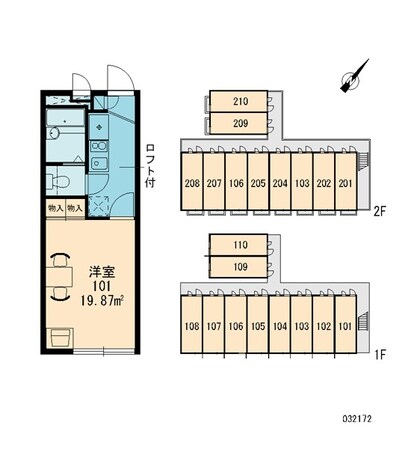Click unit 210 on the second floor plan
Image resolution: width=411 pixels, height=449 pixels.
click(238, 101)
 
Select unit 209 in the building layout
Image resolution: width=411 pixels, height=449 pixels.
click(238, 123)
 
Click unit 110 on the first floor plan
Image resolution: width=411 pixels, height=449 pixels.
click(238, 245)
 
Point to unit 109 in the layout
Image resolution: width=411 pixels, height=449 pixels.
click(238, 267)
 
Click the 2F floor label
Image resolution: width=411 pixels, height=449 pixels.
click(379, 212)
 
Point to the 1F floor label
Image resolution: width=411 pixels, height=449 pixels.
click(379, 355)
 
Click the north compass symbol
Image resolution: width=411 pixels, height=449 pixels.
click(353, 77)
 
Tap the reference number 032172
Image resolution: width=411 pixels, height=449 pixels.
click(357, 419)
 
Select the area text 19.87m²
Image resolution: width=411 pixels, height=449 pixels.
click(102, 301)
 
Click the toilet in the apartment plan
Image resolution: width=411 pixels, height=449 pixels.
click(58, 181)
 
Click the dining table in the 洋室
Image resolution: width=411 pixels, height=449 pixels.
click(60, 276)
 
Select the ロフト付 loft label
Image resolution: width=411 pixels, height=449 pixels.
click(150, 166)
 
